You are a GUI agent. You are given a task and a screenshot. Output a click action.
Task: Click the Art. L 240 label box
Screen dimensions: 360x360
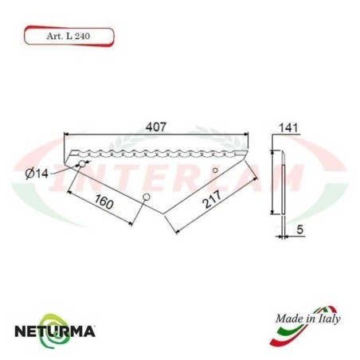coord(68,37)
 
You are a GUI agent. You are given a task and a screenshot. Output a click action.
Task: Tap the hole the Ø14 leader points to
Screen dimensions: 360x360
coord(81,164)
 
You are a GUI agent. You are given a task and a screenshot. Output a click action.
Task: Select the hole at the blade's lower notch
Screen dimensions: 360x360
coord(145,197)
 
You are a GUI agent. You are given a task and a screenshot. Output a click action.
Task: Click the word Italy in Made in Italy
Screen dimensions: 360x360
coord(329,318)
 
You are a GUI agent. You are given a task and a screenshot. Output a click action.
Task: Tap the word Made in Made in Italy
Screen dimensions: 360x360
coord(288,318)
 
